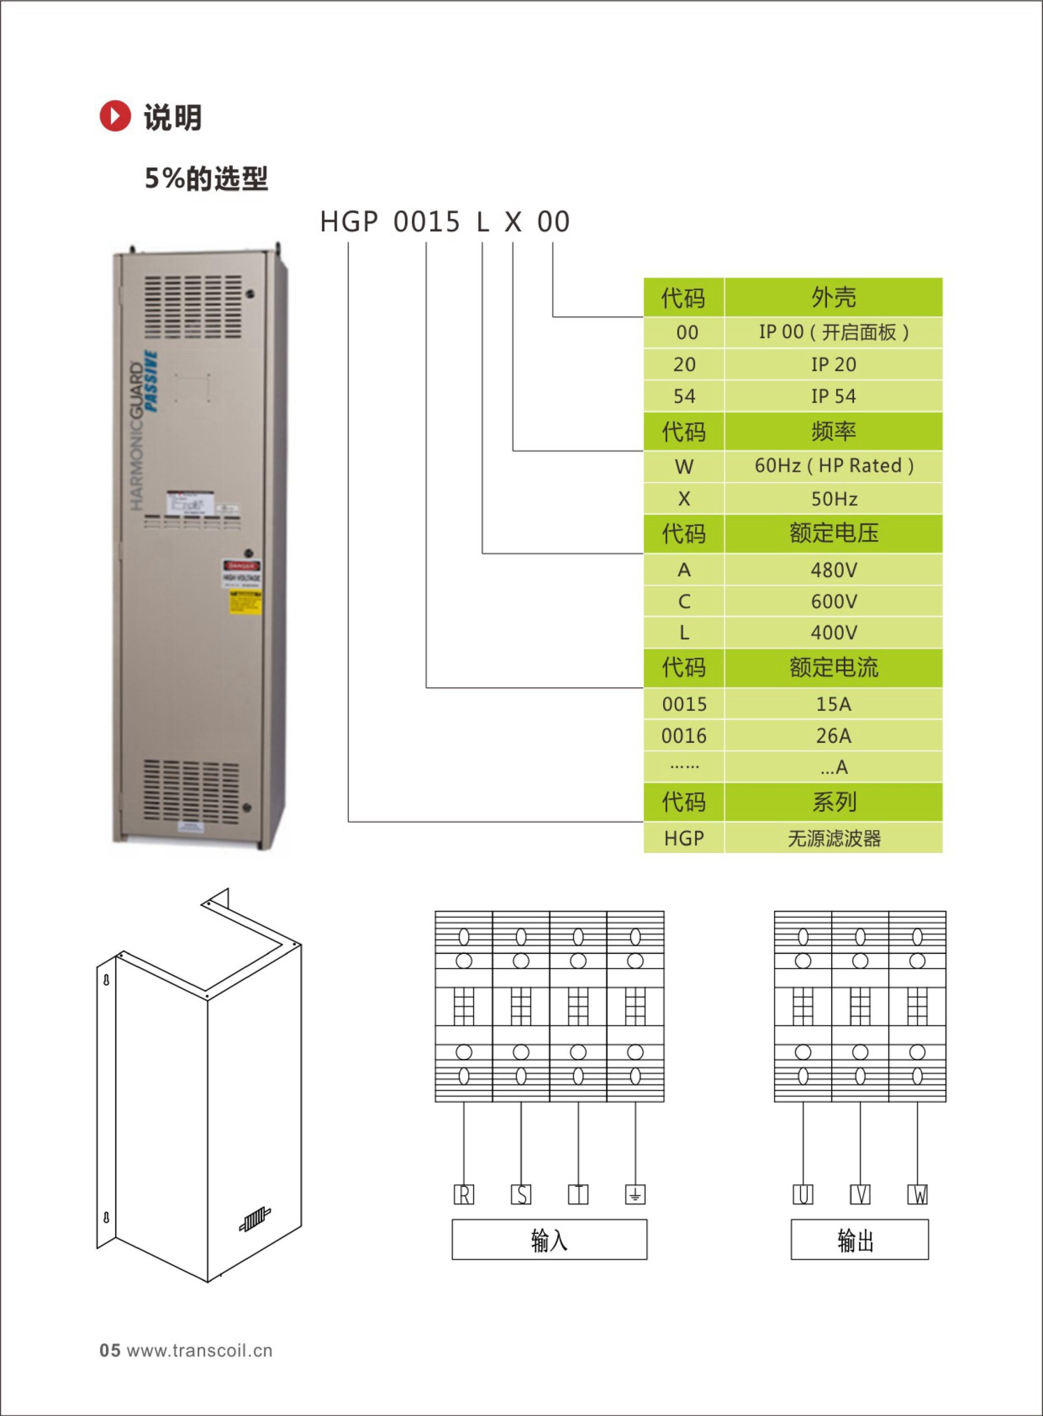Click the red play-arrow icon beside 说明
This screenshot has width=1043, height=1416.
click(115, 116)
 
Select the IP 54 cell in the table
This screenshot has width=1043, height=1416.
click(833, 396)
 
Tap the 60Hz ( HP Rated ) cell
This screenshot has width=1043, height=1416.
click(833, 466)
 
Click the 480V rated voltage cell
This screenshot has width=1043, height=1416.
click(833, 570)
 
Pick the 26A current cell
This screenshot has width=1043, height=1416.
click(833, 735)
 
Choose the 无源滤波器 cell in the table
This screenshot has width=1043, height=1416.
click(833, 838)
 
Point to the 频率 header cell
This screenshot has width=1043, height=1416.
click(833, 432)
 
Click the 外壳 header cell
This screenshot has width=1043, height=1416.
click(833, 297)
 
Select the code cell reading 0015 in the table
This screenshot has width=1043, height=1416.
click(684, 704)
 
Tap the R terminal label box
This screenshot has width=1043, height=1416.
click(464, 1194)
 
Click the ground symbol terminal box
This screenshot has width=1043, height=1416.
click(635, 1194)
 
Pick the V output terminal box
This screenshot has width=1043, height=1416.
click(860, 1194)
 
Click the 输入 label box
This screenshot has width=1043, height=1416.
click(550, 1240)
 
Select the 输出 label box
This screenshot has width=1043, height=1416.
click(859, 1240)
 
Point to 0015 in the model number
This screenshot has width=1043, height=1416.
click(427, 222)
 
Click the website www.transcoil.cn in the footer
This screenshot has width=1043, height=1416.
click(200, 1350)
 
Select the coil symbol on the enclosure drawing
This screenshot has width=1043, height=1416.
click(255, 1220)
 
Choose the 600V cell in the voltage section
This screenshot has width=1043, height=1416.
click(833, 601)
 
